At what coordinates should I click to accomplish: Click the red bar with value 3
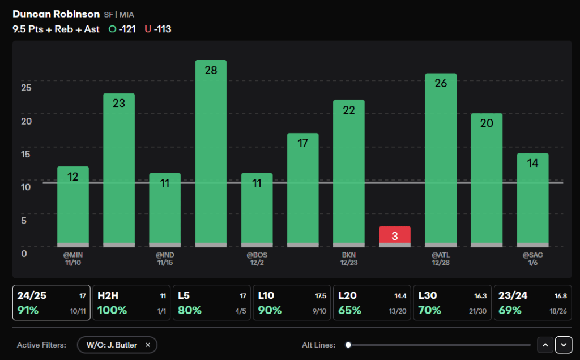[395, 236]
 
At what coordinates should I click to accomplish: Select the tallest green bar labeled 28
[211, 153]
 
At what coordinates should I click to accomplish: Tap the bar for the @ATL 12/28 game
[441, 160]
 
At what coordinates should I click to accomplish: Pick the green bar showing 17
[302, 190]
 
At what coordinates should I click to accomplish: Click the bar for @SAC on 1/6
[532, 200]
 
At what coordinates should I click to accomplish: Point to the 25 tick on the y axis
[26, 88]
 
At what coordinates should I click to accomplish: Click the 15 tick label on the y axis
[25, 154]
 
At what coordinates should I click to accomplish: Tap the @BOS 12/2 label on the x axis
[257, 259]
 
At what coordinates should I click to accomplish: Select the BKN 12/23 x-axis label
[349, 259]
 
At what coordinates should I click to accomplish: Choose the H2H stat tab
[131, 303]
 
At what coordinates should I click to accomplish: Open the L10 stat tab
[292, 303]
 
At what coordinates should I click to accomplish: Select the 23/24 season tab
[532, 303]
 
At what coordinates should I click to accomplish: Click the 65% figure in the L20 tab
[349, 310]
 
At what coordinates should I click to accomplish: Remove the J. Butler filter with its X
[148, 345]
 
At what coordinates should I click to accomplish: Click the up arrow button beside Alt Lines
[545, 345]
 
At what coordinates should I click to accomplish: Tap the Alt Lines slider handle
[348, 345]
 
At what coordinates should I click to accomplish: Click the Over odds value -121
[127, 29]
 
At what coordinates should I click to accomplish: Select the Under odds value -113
[163, 29]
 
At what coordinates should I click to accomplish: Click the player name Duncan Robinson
[56, 14]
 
